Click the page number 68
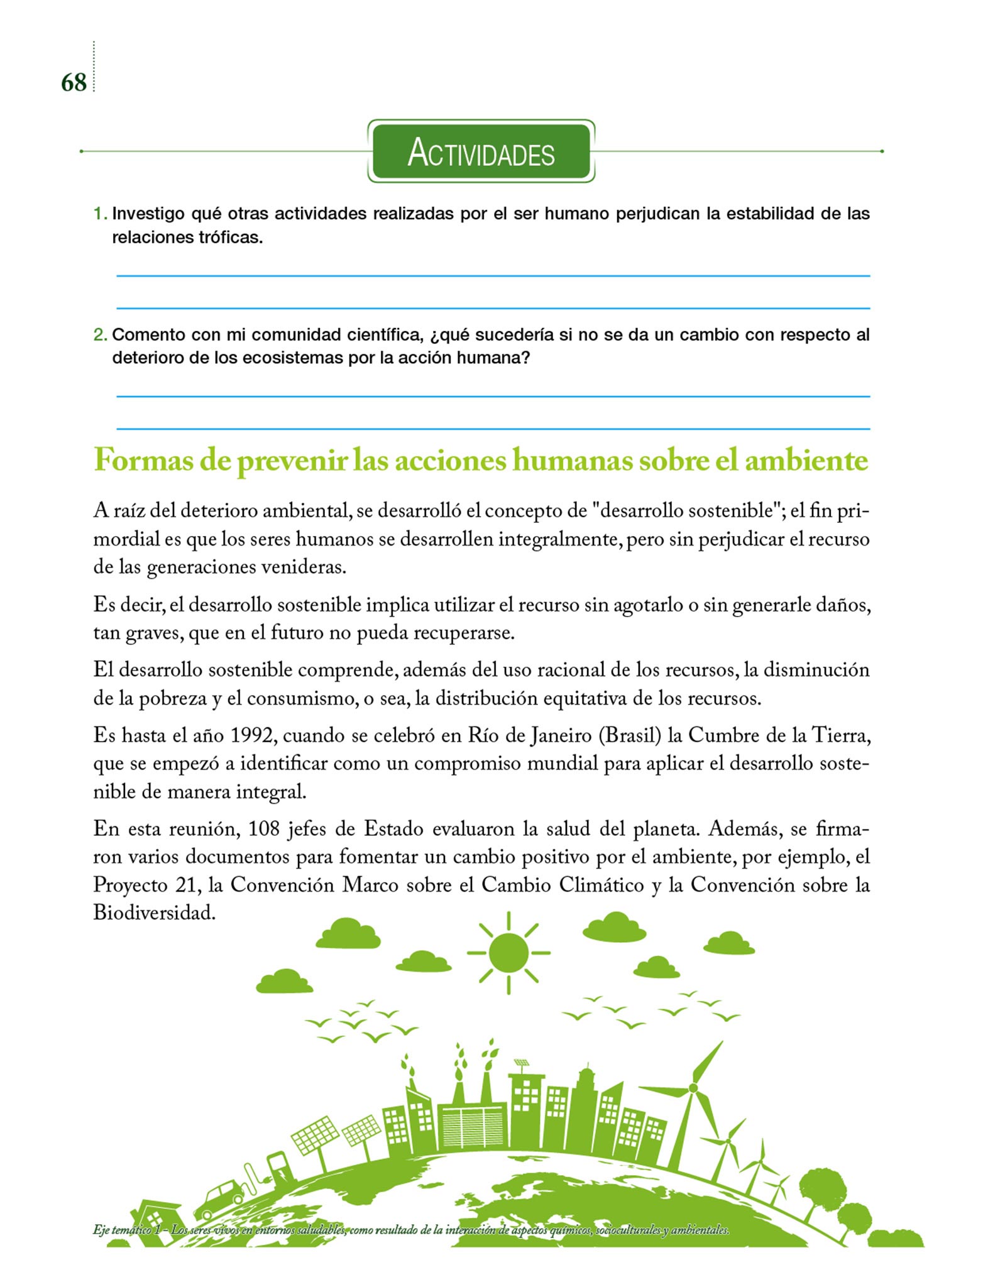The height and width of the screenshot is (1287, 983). click(x=74, y=82)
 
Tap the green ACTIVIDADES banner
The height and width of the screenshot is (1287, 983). click(x=481, y=151)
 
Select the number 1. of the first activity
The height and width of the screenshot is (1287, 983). click(x=101, y=214)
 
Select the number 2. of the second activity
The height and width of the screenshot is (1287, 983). click(x=101, y=335)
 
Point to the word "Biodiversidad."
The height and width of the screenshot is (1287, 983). click(x=155, y=912)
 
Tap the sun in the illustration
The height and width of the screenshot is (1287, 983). click(x=508, y=953)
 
